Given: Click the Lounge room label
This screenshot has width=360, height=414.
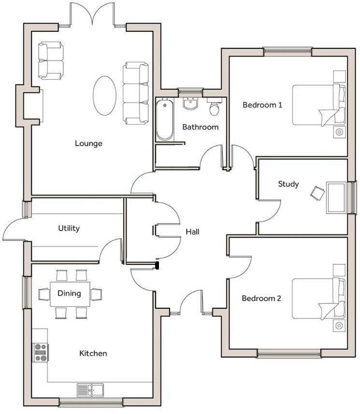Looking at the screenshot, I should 88,143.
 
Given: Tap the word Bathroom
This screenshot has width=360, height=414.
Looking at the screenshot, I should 200,127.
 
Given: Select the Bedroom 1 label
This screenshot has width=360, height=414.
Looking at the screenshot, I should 262,105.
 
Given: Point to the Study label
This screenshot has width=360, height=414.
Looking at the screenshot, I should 288,184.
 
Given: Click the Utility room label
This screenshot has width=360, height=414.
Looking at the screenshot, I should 69,228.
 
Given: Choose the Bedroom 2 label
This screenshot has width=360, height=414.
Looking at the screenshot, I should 261,299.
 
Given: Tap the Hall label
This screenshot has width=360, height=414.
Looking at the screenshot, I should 192,232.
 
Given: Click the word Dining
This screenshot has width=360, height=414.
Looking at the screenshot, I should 69,293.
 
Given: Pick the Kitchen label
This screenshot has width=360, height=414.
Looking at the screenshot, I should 93,354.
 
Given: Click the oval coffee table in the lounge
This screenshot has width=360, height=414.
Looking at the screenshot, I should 104,95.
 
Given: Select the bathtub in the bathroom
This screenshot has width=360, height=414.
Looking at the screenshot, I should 165,120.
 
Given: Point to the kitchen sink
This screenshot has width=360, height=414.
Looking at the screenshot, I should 90,388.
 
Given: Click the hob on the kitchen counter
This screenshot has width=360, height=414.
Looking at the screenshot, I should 40,352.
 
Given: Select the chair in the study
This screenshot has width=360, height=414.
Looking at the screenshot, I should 317,193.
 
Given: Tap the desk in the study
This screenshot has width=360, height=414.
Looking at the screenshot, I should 337,197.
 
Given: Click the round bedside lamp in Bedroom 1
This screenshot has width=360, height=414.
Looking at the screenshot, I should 339,132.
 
